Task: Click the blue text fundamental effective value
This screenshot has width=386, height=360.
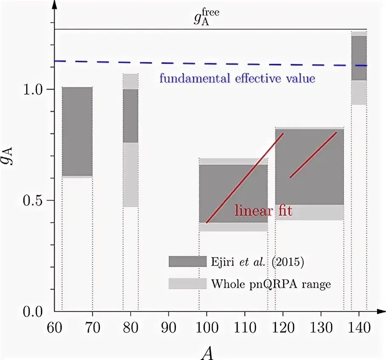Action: coord(237,79)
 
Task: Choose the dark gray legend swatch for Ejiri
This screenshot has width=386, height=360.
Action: coord(187,262)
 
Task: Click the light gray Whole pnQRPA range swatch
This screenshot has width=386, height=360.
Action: coord(187,283)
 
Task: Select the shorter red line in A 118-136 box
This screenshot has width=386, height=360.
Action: coord(313,154)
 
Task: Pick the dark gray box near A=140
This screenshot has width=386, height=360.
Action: coord(359,58)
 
